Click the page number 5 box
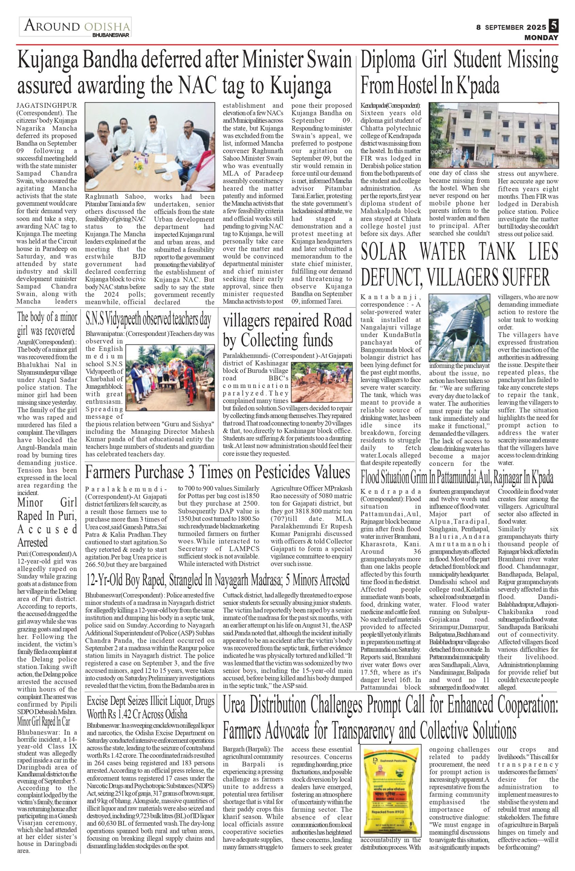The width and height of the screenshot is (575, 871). pos(553,26)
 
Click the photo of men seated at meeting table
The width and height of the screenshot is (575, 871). pos(150,146)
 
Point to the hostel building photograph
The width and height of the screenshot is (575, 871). pos(494,135)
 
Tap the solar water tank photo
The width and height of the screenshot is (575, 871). pos(459,327)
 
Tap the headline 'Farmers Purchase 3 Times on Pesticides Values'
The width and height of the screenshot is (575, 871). pos(218,472)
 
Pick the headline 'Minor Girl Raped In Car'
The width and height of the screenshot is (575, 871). pos(44,721)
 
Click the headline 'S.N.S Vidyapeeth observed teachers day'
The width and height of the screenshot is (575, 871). pos(148,319)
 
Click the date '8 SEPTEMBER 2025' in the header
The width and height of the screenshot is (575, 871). pos(511,27)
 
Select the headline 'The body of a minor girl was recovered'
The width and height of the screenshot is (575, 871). pos(47,324)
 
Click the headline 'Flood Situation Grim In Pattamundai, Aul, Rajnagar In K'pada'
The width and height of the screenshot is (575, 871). pos(457,478)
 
